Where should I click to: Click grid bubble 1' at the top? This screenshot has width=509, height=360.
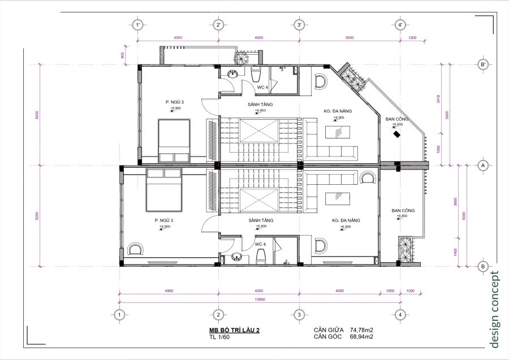pyautogui.click(x=137, y=25)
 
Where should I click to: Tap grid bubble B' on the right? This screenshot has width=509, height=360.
pyautogui.click(x=483, y=64)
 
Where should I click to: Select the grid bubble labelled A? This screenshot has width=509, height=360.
pyautogui.click(x=483, y=166)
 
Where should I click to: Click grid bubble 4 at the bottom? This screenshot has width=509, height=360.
pyautogui.click(x=400, y=314)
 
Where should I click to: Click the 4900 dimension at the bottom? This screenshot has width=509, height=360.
pyautogui.click(x=169, y=290)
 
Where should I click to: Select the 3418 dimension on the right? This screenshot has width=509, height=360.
pyautogui.click(x=438, y=101)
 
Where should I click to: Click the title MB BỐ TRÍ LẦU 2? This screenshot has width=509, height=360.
pyautogui.click(x=234, y=329)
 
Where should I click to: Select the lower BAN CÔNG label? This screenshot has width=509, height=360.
pyautogui.click(x=403, y=210)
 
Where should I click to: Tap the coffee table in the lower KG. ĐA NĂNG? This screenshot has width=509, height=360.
pyautogui.click(x=340, y=200)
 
